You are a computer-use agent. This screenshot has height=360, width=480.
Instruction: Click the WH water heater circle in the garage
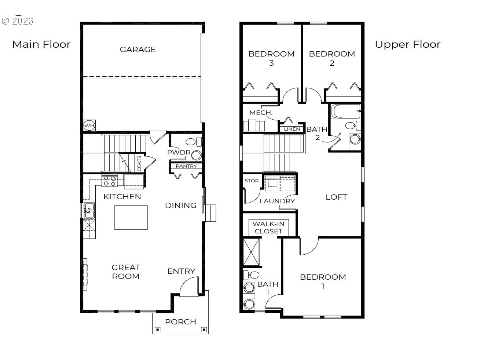89,126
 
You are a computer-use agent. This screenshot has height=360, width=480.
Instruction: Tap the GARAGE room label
138,50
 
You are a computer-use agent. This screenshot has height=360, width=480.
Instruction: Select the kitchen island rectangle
131,218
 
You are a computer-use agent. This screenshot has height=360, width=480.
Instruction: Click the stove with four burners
110,181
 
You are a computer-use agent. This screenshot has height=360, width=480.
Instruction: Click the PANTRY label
186,166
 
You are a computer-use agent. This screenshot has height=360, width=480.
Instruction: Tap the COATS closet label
139,163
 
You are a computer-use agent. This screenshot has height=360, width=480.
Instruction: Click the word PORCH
181,322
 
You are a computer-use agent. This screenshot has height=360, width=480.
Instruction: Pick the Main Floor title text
41,44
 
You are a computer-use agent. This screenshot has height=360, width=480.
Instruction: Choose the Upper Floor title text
408,44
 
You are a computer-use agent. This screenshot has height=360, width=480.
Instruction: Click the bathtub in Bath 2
345,111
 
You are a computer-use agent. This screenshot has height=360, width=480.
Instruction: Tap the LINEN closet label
292,129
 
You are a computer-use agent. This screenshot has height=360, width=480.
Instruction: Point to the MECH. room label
261,113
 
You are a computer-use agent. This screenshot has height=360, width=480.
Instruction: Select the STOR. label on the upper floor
252,181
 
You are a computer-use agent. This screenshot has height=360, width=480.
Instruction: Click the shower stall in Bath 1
251,252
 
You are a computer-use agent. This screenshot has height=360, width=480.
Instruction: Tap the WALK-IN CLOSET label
268,228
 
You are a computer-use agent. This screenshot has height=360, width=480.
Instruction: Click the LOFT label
336,197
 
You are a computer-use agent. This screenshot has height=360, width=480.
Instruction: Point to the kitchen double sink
89,210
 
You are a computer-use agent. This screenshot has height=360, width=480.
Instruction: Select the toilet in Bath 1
251,275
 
